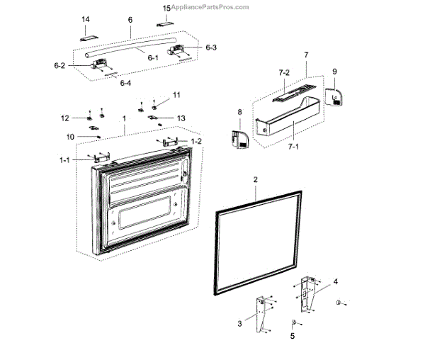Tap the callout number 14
pos(86,19)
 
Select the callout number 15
pos(167,8)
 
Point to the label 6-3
pos(211,47)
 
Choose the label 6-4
pos(125,84)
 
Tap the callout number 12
pos(64,118)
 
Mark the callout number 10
pos(71,136)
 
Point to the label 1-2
pos(196,142)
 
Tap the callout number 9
pos(334,71)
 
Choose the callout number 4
pos(336,281)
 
